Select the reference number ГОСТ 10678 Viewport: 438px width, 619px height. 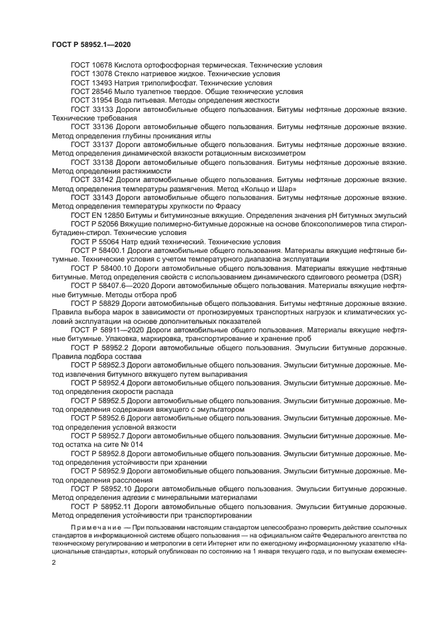[91, 66]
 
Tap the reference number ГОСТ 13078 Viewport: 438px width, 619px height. [91, 74]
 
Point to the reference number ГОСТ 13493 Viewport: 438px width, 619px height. [91, 83]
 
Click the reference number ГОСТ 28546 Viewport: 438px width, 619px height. [91, 92]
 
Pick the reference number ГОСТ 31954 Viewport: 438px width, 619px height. [91, 101]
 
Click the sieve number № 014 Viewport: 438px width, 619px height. [130, 445]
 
